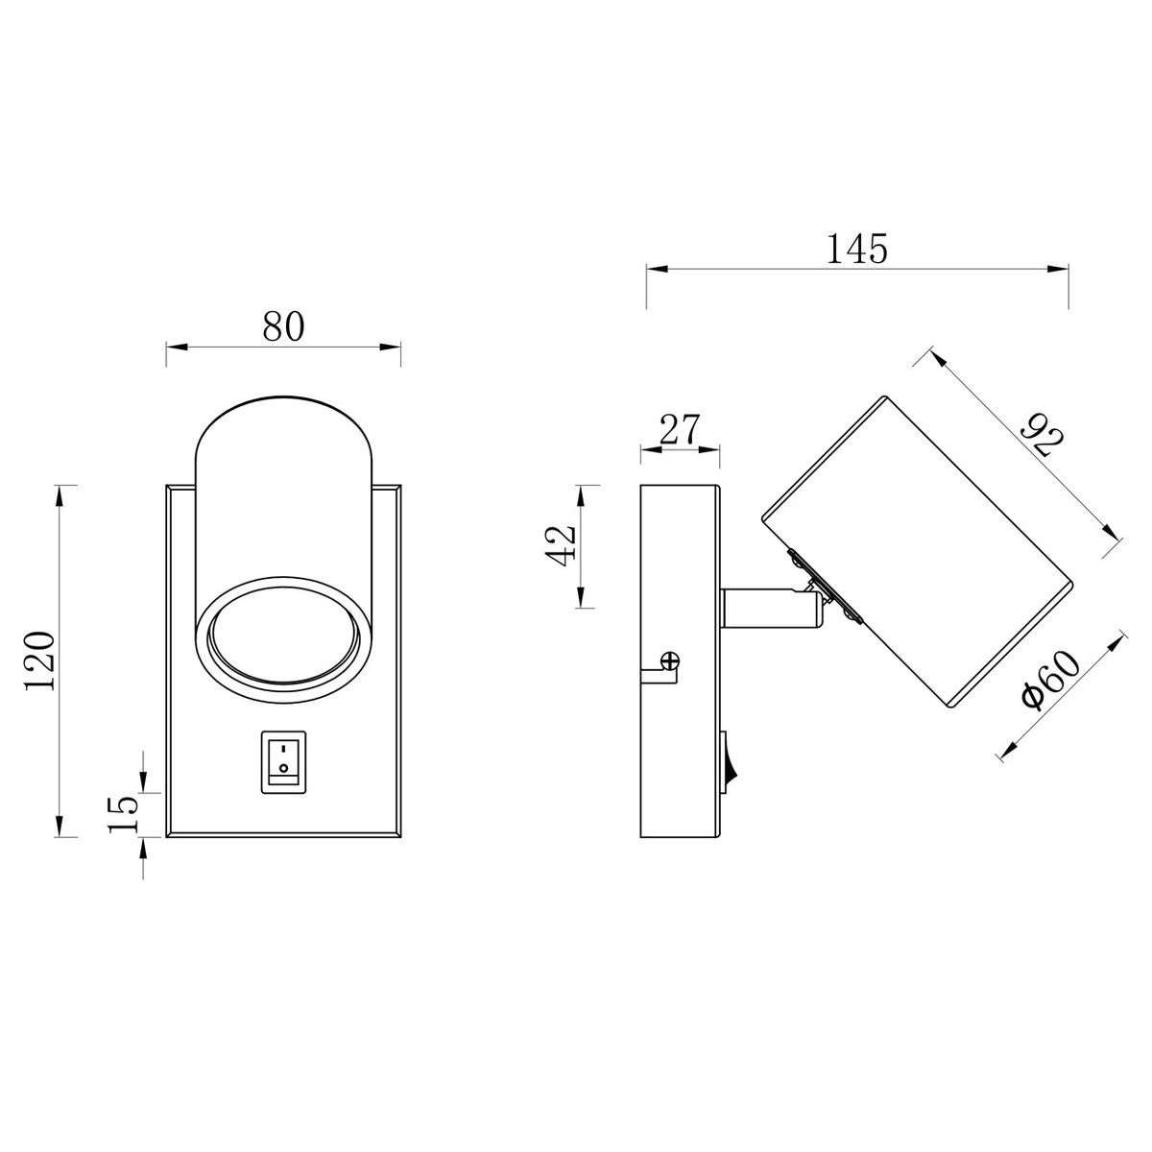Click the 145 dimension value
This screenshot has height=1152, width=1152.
pyautogui.click(x=856, y=249)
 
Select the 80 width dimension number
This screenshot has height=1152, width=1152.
pyautogui.click(x=283, y=326)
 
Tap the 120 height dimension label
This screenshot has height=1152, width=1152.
pyautogui.click(x=40, y=660)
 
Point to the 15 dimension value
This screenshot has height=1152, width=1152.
pyautogui.click(x=123, y=814)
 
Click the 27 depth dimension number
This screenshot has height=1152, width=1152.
pyautogui.click(x=680, y=428)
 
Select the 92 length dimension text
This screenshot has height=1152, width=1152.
pyautogui.click(x=1042, y=435)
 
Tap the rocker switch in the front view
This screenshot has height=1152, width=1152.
pyautogui.click(x=283, y=762)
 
